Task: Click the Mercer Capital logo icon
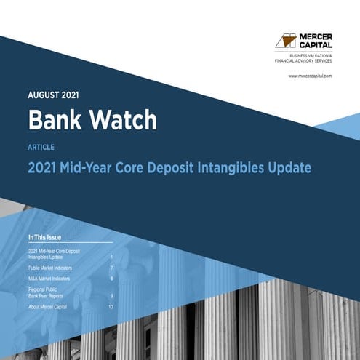285,41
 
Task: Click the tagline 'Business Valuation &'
311,56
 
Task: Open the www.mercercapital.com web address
310,76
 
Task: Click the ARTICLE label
41,147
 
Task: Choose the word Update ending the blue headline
289,168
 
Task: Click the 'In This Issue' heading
49,238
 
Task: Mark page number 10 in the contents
111,308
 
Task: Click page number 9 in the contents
111,296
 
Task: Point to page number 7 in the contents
111,268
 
